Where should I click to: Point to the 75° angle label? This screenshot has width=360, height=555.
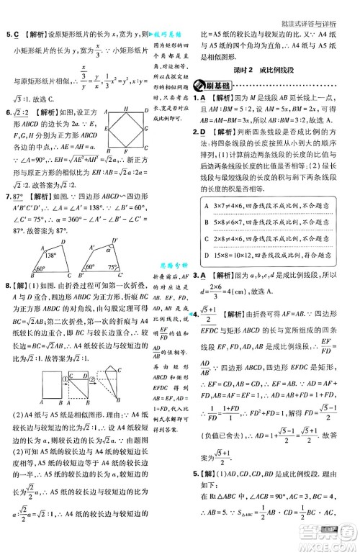click(x=130, y=266)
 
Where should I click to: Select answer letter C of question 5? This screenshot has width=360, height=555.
click(x=16, y=33)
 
